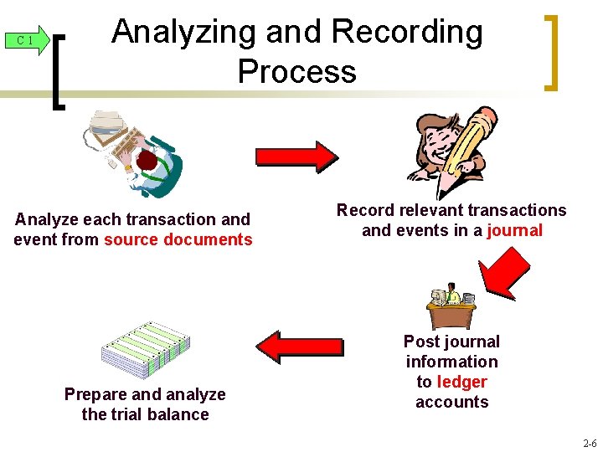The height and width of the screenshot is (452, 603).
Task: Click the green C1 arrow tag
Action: [x=28, y=40]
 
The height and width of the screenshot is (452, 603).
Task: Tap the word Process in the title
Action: [x=297, y=71]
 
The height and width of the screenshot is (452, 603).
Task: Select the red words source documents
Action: [x=178, y=240]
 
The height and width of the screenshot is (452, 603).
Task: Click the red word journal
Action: [x=515, y=230]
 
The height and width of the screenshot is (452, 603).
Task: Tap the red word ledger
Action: [x=461, y=382]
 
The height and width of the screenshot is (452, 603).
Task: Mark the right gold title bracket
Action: [x=550, y=52]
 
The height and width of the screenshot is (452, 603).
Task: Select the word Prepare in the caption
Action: [x=94, y=394]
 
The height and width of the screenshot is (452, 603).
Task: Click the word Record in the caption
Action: [x=363, y=210]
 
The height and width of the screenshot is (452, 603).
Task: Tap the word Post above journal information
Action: [x=421, y=342]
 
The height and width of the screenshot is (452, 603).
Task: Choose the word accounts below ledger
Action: [x=451, y=402]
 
